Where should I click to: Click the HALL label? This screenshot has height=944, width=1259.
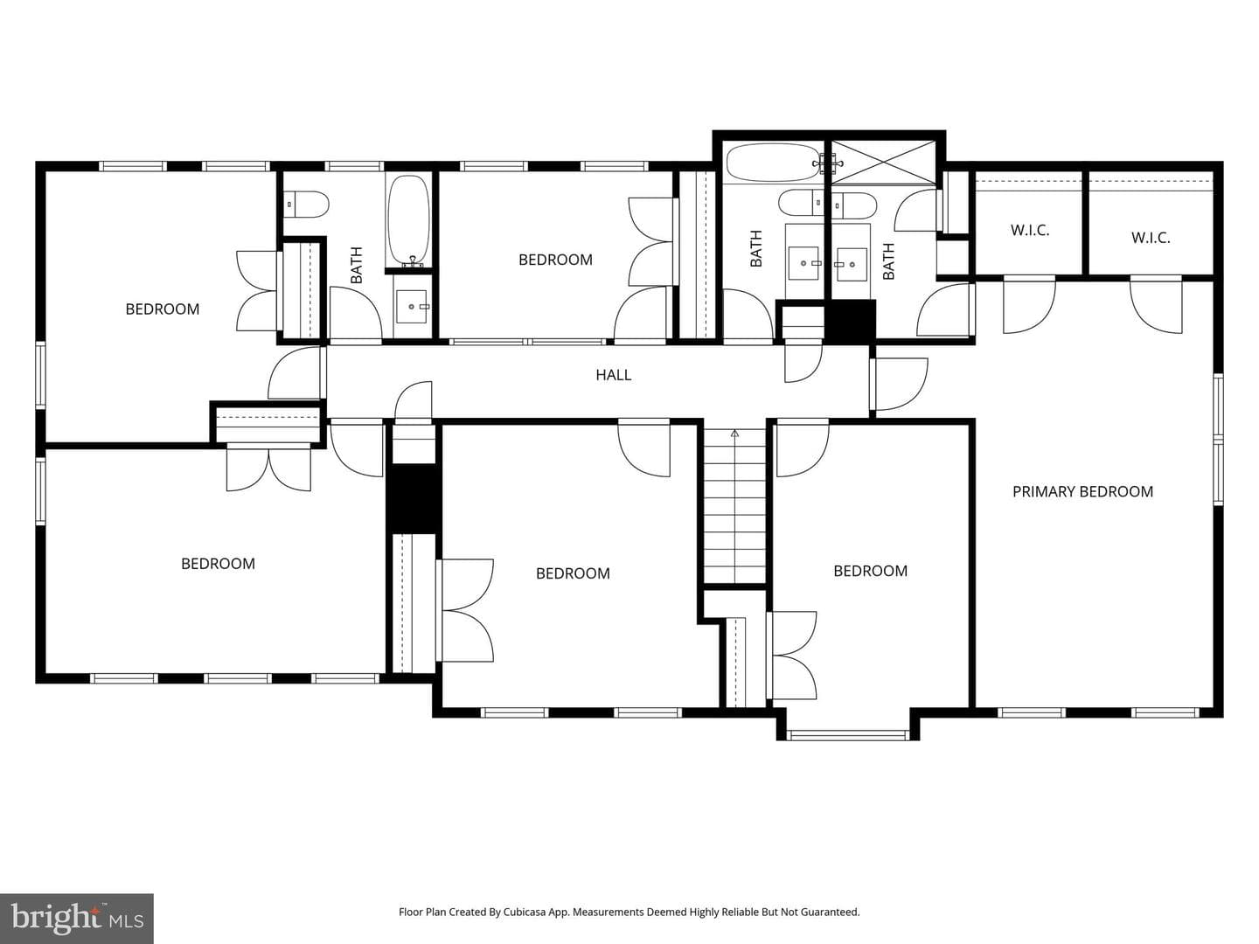(x=613, y=375)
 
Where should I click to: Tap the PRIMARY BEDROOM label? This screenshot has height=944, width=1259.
(x=1082, y=492)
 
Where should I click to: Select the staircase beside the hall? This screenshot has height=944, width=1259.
(x=734, y=507)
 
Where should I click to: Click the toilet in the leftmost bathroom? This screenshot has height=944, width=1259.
(x=306, y=205)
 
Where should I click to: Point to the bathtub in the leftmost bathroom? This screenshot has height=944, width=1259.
(x=408, y=221)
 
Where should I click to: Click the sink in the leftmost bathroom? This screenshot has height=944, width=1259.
(x=412, y=307)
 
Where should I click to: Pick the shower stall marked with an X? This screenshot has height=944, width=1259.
(x=883, y=163)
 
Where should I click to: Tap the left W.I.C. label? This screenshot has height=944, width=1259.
(x=1030, y=231)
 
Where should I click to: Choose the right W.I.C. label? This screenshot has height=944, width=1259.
(x=1151, y=238)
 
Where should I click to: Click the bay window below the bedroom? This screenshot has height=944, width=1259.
(x=848, y=735)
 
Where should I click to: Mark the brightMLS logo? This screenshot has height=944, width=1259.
(x=77, y=918)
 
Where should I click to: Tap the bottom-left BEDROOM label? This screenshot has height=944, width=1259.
(x=218, y=564)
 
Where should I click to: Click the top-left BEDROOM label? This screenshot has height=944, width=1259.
(x=163, y=309)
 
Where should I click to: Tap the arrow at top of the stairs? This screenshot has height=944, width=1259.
(x=734, y=434)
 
